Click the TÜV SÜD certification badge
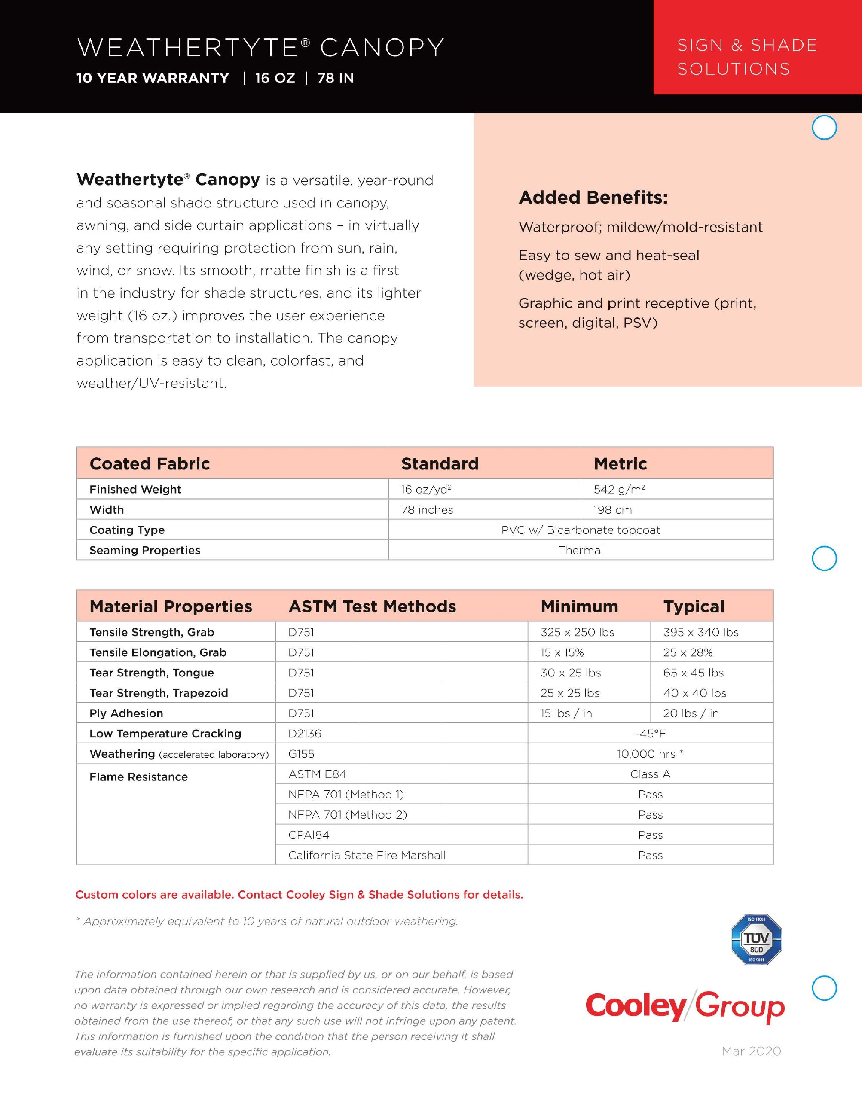tap(756, 939)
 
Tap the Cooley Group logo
tap(685, 1006)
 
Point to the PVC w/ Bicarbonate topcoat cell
tap(581, 530)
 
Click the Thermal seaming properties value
tap(581, 550)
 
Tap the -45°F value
tap(650, 734)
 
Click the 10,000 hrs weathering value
tap(650, 754)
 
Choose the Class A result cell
tap(650, 774)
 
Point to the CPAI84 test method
tap(309, 835)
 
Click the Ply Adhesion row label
tap(126, 713)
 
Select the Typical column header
tap(694, 606)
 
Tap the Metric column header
tap(620, 463)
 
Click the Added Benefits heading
tap(593, 198)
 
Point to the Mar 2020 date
tap(751, 1051)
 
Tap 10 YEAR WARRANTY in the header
tap(153, 78)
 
